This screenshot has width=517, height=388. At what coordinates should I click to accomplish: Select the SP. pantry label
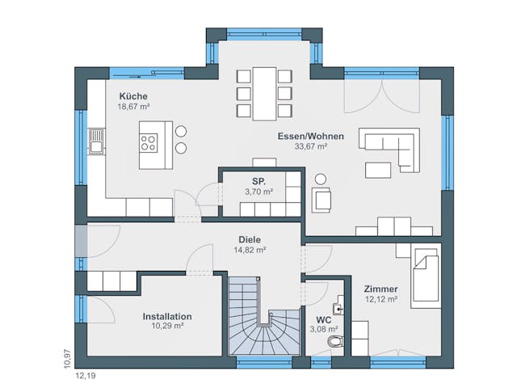coord(258,181)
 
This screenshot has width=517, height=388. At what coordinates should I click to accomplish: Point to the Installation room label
coord(167,316)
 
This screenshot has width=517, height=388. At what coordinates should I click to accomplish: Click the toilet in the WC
coord(335,343)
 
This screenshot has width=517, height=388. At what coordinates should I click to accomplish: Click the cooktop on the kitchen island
coord(149,143)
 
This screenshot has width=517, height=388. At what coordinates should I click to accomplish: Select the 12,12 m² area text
coord(380,299)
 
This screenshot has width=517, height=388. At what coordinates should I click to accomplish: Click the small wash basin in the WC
coord(342,306)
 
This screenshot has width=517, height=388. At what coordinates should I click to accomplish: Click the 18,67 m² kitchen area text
coord(134,106)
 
